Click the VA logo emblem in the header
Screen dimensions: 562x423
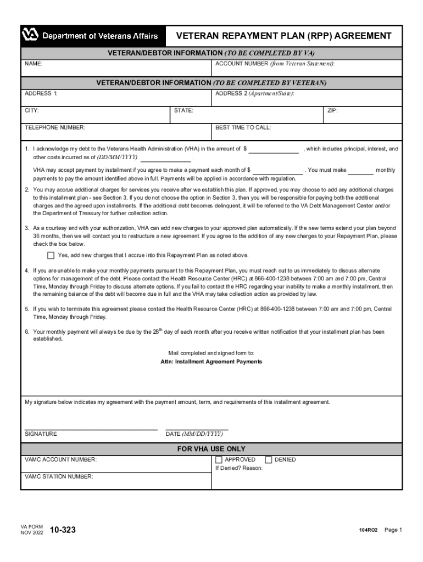[31, 36]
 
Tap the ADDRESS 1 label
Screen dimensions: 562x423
[41, 94]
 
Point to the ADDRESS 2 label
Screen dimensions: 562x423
[254, 94]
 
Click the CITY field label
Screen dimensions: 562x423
[31, 111]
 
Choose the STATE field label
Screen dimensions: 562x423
[183, 111]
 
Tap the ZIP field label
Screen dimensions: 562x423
[332, 111]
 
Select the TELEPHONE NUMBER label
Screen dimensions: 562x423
[55, 127]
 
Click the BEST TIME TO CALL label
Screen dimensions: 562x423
[243, 127]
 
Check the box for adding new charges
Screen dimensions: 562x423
[51, 255]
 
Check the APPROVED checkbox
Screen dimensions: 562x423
[219, 460]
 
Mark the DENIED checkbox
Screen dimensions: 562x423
[269, 460]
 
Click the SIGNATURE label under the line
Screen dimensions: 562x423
[41, 434]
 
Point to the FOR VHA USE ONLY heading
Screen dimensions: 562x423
[211, 449]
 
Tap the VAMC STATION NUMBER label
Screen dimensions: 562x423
[59, 477]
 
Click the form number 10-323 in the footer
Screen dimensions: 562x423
[63, 530]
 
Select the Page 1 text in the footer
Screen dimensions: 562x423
[393, 530]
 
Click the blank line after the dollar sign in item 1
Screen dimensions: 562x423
[274, 149]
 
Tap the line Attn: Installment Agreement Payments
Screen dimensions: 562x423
[211, 362]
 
